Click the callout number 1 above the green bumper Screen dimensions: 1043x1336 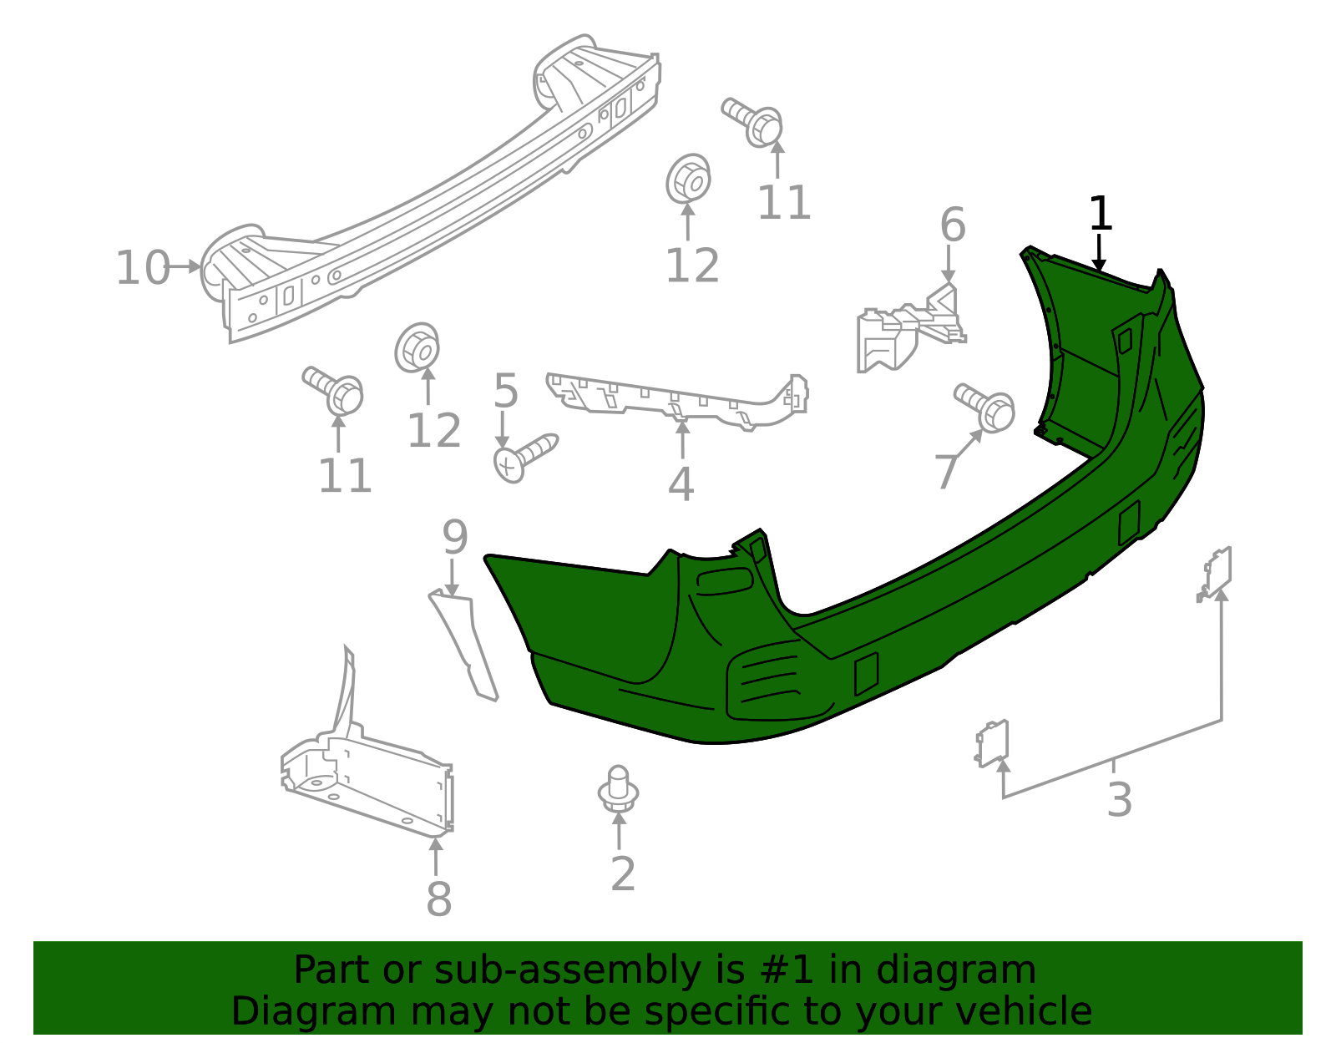1101,214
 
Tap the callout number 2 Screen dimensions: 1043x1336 623,873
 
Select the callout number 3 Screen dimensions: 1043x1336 1119,798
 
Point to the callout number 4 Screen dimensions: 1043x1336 681,484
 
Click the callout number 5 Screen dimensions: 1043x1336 506,391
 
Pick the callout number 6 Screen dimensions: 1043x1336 952,225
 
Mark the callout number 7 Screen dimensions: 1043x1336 946,473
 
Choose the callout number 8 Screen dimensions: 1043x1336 438,899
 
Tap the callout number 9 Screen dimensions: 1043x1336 454,537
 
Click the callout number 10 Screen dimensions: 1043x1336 142,268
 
